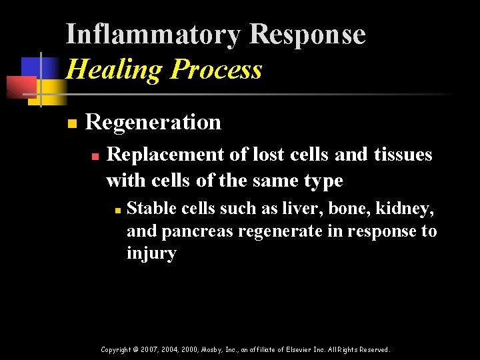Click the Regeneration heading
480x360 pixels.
coord(153,122)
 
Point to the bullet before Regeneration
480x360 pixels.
coord(72,123)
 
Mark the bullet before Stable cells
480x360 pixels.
coord(116,210)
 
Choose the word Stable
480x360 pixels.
coord(147,209)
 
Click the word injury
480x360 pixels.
coord(151,254)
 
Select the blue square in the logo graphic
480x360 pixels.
coord(33,67)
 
